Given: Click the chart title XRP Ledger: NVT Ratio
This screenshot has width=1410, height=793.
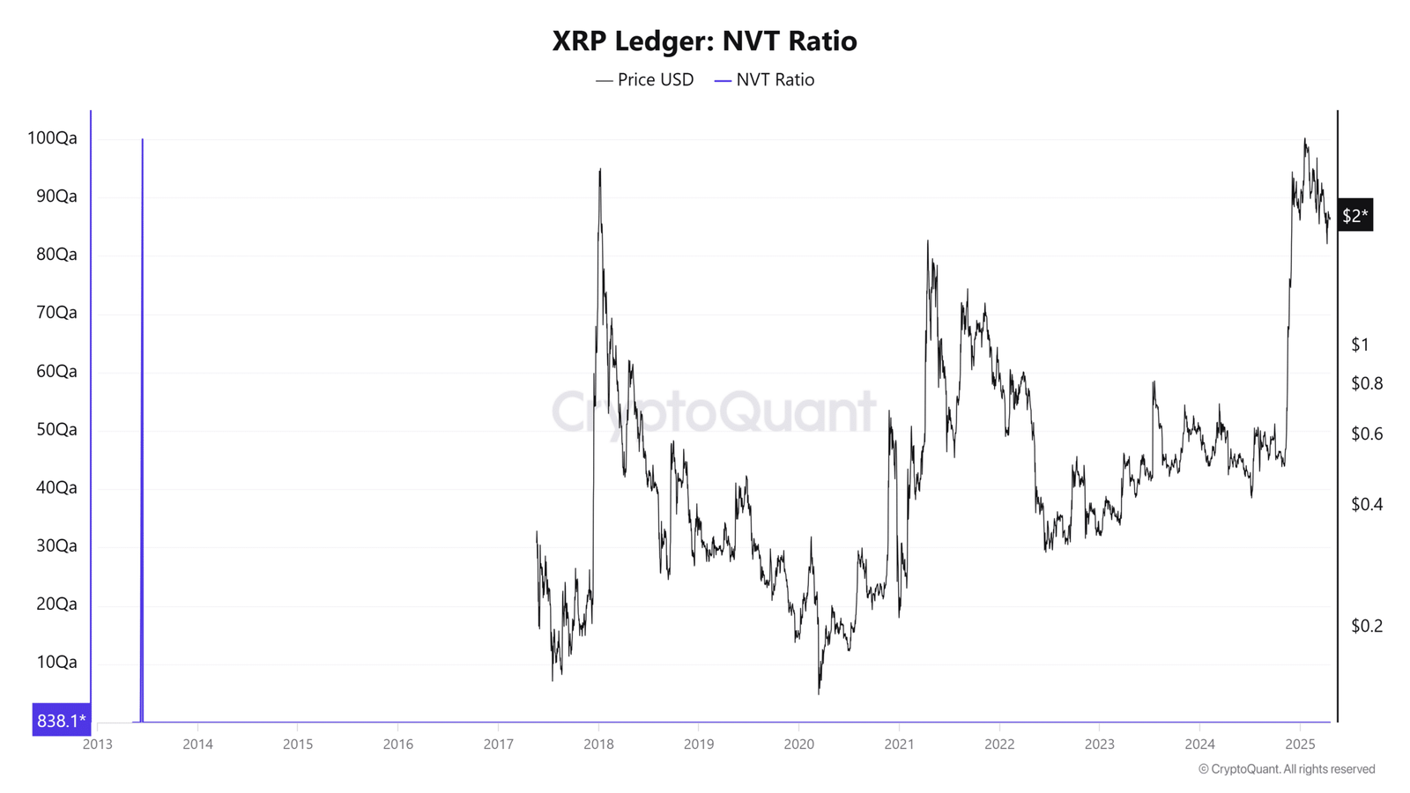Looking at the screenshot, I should tap(704, 41).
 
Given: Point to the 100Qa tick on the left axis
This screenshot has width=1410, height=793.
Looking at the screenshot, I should tap(52, 138).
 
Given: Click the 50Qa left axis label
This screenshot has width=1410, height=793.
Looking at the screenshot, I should tap(56, 430).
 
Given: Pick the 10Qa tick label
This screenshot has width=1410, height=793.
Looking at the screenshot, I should tap(56, 663).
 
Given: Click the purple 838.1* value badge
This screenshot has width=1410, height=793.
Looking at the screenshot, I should tap(61, 721).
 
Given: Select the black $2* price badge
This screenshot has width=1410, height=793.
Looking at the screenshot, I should tap(1354, 216).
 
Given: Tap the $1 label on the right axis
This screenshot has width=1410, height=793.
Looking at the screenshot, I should tap(1360, 345).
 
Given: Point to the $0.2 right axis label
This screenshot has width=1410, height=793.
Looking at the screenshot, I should tap(1366, 626).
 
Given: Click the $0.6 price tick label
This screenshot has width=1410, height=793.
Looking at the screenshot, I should tap(1366, 434).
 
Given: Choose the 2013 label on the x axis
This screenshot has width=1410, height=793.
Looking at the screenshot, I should tap(97, 745).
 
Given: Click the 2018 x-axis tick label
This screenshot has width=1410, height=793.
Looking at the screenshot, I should tap(598, 745).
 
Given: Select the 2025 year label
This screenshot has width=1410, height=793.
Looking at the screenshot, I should tap(1300, 745).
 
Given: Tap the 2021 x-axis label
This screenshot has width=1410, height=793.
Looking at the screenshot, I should tap(899, 745).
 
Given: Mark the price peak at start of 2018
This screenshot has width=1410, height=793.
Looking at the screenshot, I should tap(600, 171).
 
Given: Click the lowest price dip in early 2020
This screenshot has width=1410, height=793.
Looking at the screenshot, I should tap(819, 692).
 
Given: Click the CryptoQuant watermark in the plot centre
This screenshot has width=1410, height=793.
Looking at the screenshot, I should tap(714, 411).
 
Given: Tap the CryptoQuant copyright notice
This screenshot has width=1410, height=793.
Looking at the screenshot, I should tap(1286, 769).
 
